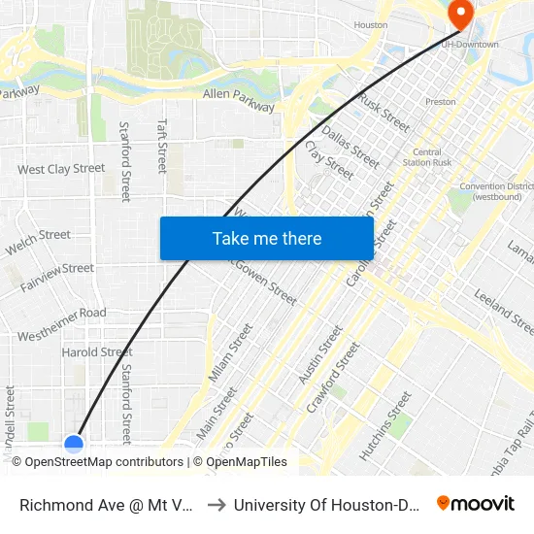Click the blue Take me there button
266,238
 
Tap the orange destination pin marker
459,14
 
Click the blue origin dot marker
74,444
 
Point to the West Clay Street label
61,169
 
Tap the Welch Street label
38,241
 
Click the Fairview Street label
56,269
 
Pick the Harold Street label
97,351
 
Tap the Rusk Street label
384,112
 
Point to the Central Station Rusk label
427,157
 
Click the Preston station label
441,101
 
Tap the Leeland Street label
504,311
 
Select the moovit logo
476,503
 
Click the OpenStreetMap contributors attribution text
104,462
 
